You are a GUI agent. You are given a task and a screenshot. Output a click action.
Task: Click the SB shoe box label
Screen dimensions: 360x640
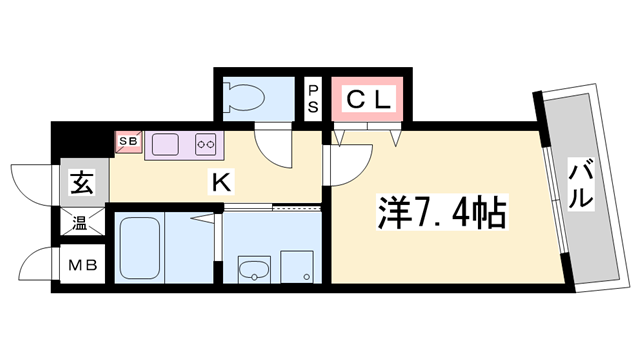(x=130, y=142)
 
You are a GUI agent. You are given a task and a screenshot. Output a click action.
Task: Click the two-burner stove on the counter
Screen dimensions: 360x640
(x=207, y=143)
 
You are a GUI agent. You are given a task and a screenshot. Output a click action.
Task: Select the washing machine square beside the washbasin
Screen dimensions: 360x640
(x=297, y=267)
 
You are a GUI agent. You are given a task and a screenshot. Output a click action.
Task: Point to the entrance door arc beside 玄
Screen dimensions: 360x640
(x=38, y=180)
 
